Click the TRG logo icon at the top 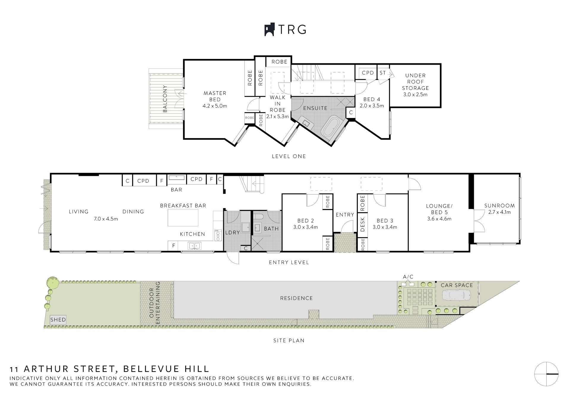269,30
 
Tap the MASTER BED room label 215,96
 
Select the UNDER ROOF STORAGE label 415,82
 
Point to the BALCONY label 165,98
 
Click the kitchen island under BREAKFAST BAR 183,217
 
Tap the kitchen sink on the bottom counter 194,246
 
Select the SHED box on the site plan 58,319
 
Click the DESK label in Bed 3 362,224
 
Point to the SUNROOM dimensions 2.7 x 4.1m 499,212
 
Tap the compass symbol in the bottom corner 546,374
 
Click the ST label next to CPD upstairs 383,73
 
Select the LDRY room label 232,232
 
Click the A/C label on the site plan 408,277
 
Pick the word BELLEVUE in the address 151,369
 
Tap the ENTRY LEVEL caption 289,262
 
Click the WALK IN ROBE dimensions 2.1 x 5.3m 278,117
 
